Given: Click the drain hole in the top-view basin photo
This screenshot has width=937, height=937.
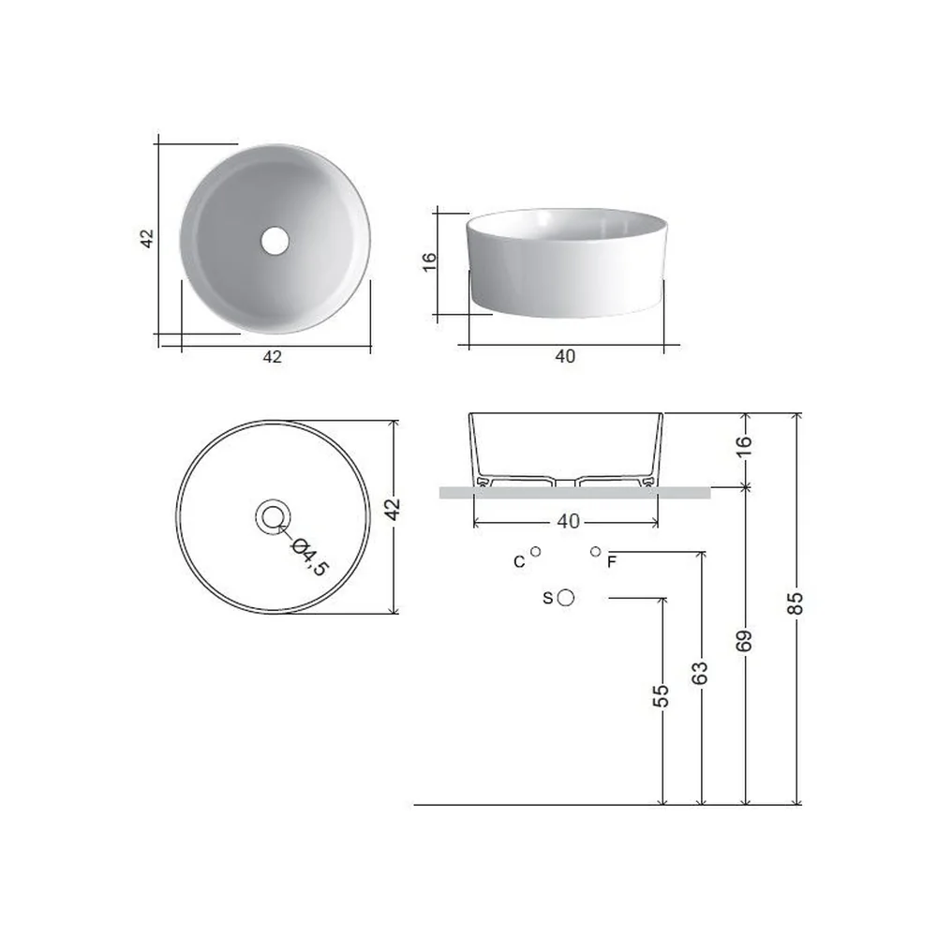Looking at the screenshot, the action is tap(275, 240).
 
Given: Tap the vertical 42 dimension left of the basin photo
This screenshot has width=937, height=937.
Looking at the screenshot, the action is tap(147, 238).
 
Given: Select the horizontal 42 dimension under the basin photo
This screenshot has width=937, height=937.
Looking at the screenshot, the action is tap(272, 357).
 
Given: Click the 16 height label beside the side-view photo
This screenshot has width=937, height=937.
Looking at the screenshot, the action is tap(429, 261).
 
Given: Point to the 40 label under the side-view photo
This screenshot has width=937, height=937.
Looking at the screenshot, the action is tap(565, 356).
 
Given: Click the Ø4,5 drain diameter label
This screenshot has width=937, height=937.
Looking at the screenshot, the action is tap(309, 557).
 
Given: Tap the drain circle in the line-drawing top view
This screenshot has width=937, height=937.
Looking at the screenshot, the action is tap(273, 517).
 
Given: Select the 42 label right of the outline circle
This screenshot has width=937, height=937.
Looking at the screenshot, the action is tap(392, 510).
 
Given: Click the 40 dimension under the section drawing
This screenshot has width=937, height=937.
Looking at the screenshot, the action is tap(569, 521).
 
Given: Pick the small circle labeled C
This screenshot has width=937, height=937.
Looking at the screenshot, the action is tap(535, 552).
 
